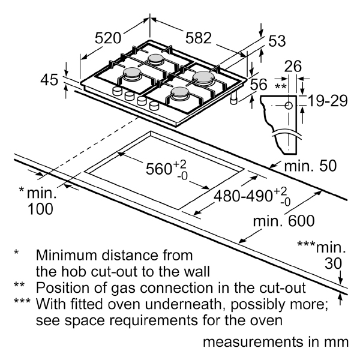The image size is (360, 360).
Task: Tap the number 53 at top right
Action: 276,41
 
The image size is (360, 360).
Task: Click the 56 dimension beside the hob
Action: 258,86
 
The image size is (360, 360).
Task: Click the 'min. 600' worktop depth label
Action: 283,221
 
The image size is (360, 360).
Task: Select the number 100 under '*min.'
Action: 40,209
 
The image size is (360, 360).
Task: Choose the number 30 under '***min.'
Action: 332,263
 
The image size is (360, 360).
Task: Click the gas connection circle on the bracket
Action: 289,106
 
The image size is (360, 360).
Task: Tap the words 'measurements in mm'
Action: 275,343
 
